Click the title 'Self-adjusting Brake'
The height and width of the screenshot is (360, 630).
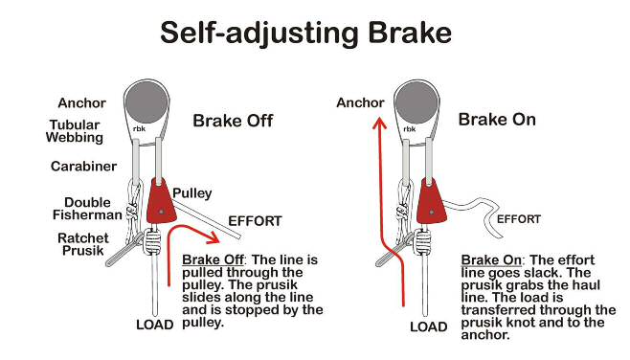point(305,34)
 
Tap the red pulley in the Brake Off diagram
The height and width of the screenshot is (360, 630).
point(161,201)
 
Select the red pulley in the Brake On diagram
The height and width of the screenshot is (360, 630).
point(431,201)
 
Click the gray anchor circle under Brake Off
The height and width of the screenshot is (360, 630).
point(146,102)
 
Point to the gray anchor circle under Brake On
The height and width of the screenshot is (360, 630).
point(416,101)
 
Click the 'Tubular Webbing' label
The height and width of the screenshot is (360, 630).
point(75,131)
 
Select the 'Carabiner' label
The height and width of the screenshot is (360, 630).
point(83,166)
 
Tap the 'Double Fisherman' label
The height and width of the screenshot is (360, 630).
point(87,209)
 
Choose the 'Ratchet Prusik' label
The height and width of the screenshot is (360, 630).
point(83,244)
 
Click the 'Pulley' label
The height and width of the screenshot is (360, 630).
point(192,193)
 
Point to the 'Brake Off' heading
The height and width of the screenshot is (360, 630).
point(233,121)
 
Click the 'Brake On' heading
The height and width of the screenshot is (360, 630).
point(497,120)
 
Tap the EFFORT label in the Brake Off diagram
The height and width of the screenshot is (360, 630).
point(255,221)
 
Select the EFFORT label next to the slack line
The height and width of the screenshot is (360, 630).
point(519,219)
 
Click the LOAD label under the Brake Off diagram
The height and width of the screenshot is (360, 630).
point(155,325)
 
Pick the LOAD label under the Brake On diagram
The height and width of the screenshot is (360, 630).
point(429,327)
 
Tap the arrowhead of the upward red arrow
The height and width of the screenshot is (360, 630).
point(379,123)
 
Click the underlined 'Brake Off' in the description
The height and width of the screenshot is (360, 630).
point(213,260)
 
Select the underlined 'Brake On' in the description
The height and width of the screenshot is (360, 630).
point(491,260)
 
